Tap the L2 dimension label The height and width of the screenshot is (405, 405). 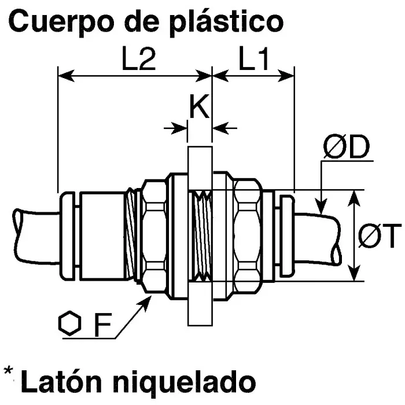139,60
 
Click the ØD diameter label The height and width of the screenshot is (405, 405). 346,149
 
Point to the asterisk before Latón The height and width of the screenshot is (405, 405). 8,372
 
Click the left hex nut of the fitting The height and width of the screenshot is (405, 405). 153,236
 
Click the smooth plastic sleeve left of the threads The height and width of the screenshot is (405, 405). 101,236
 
